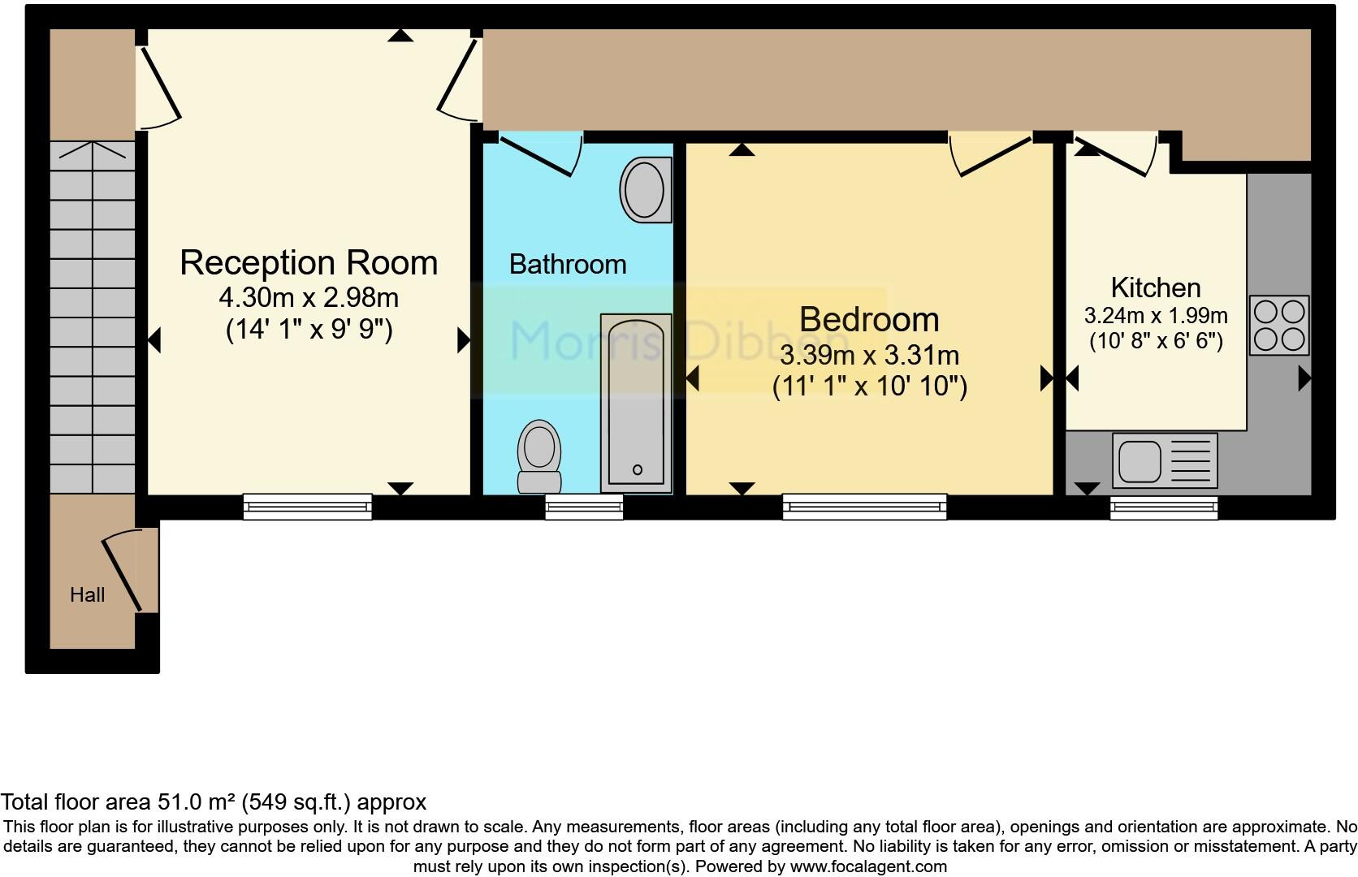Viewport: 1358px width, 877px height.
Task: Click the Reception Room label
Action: coord(308,263)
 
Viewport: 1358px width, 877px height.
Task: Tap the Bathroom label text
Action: coord(567,265)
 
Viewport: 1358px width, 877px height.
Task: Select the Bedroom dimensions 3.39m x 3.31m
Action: coord(869,356)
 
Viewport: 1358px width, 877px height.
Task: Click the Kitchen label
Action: coord(1155,287)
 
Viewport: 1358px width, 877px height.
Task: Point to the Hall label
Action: coord(87,595)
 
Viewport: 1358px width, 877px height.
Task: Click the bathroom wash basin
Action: coord(645,190)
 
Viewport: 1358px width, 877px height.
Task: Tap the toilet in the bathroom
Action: coord(539,455)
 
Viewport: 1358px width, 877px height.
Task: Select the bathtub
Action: coord(636,404)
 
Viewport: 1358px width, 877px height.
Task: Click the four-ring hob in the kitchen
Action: coord(1278,325)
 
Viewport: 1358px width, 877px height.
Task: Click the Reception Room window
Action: coord(307,507)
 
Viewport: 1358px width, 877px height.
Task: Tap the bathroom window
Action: coord(584,507)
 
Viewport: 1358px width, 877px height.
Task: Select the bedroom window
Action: coord(864,507)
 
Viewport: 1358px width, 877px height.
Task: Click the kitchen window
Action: coord(1163,507)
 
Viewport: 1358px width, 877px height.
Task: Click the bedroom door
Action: coord(991,157)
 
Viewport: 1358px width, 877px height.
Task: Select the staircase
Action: coord(93,317)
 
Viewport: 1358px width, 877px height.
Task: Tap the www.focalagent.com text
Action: coord(867,866)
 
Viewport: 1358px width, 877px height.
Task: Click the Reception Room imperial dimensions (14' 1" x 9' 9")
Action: coord(309,330)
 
